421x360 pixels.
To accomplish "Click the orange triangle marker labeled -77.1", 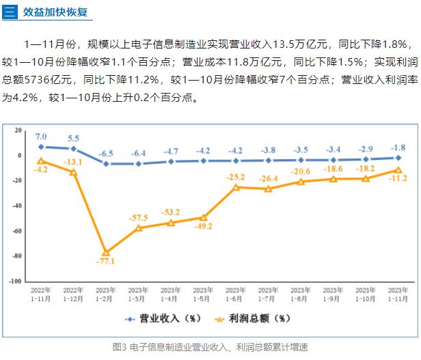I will click(x=106, y=253).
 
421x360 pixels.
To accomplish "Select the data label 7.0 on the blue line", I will click(x=41, y=137).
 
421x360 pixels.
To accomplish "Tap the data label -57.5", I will click(x=139, y=218).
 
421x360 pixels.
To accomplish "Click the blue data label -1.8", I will click(x=398, y=147).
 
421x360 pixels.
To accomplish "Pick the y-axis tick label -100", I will click(x=15, y=281).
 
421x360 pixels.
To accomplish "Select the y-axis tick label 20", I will click(x=18, y=129).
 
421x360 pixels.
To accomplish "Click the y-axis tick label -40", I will click(x=16, y=205).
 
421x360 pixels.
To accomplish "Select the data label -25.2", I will click(x=236, y=177).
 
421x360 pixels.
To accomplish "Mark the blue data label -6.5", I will click(x=106, y=153).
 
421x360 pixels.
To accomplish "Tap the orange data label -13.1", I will click(x=73, y=162).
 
